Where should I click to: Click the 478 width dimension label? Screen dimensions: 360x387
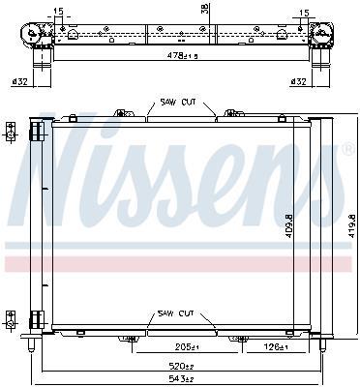pos(182,55)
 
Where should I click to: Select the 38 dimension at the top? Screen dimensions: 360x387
pos(205,9)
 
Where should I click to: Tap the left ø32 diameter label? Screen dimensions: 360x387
pos(19,82)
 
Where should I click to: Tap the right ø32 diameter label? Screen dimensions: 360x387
pos(298,82)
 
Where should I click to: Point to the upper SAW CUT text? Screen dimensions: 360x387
pos(178,103)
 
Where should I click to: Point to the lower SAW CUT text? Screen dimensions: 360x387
pos(175,313)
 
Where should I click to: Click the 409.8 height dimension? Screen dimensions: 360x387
pos(288,226)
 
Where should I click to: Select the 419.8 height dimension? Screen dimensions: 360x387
pos(351,226)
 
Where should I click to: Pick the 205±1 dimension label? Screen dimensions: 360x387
pos(187,347)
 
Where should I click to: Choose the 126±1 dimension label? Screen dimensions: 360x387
pos(275,347)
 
